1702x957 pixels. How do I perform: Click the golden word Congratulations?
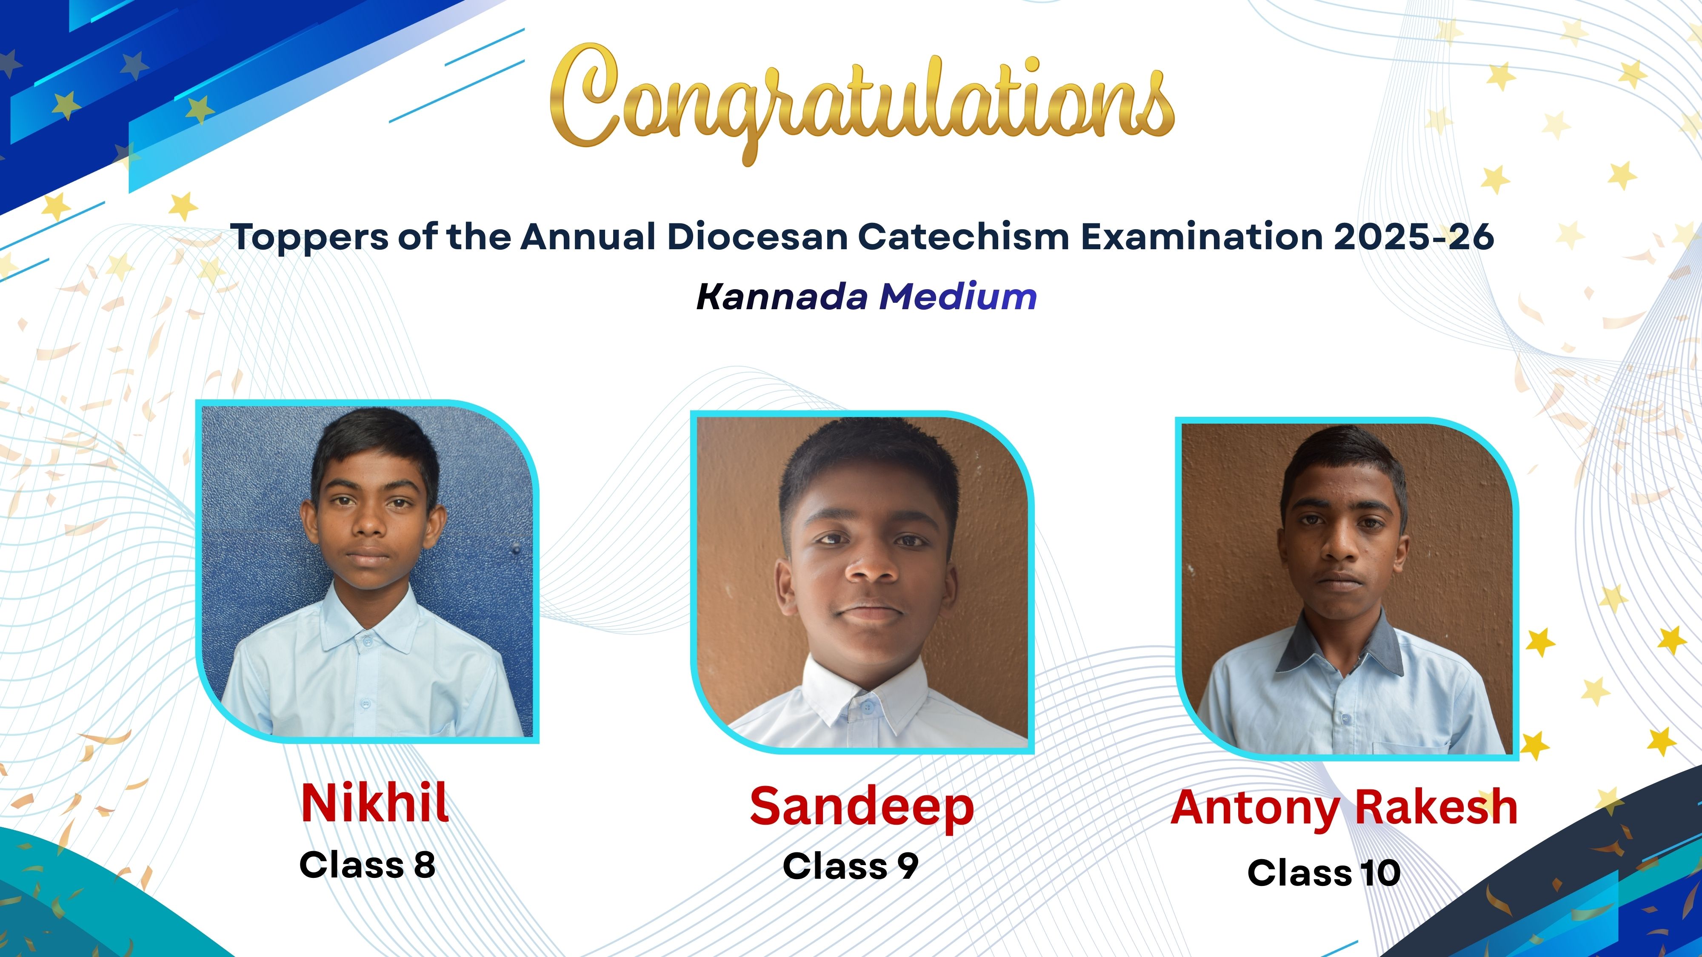click(862, 103)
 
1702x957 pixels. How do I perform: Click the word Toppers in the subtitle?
click(308, 237)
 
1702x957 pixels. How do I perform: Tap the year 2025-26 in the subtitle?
click(1413, 236)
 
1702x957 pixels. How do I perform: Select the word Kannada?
click(782, 296)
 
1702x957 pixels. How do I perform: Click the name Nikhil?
click(374, 803)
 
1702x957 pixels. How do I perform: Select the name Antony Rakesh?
click(1344, 808)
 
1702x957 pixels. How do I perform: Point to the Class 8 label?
click(367, 865)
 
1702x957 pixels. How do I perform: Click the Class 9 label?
click(850, 866)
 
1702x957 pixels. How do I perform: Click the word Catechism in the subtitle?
click(963, 236)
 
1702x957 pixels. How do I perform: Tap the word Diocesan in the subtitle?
click(758, 236)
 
